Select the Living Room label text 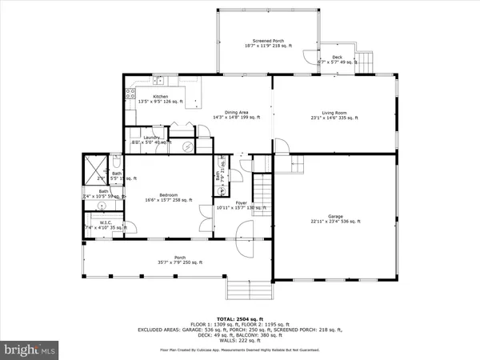click(x=334, y=115)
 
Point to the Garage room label click(x=334, y=218)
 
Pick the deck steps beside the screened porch click(x=365, y=61)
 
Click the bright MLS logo click(x=31, y=350)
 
